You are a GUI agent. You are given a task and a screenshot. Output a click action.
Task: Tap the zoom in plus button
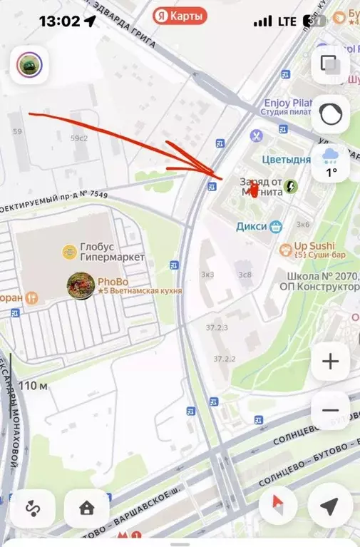point(330,362)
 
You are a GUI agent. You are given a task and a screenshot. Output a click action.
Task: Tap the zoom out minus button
point(330,410)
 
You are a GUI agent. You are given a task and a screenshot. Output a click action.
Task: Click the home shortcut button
point(87,508)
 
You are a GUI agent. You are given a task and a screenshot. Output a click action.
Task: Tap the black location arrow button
point(329,507)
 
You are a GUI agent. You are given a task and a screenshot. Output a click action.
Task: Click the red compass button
point(282,507)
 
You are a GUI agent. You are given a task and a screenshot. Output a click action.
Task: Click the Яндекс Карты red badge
point(180,15)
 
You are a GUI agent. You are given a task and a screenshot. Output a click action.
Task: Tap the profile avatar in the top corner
point(30,65)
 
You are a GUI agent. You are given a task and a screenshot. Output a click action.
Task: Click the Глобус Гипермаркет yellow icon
point(69,250)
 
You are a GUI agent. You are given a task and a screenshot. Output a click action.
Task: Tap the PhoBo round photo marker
point(81,285)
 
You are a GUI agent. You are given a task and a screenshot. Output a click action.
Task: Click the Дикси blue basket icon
point(276,226)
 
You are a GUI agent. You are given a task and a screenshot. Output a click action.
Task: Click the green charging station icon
point(291,187)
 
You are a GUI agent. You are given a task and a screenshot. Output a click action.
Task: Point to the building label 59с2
point(79,138)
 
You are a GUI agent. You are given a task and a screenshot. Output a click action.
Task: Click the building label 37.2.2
point(225,359)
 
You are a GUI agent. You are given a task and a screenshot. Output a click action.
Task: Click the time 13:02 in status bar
point(59,21)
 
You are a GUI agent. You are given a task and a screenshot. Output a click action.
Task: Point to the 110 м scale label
point(34,386)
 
